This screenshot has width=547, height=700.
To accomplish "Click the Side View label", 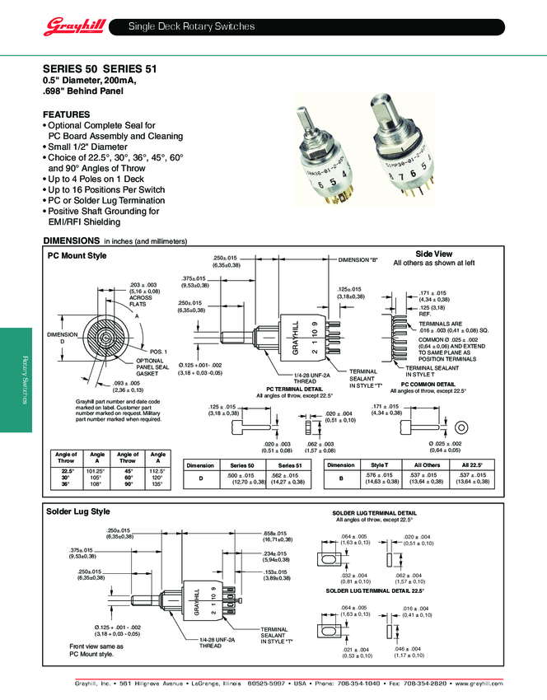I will (x=433, y=254).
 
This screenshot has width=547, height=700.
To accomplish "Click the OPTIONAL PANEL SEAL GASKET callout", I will (x=150, y=366).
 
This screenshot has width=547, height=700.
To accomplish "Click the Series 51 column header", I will (x=290, y=465).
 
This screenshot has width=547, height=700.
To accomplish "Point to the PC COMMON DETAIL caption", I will (x=428, y=384).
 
